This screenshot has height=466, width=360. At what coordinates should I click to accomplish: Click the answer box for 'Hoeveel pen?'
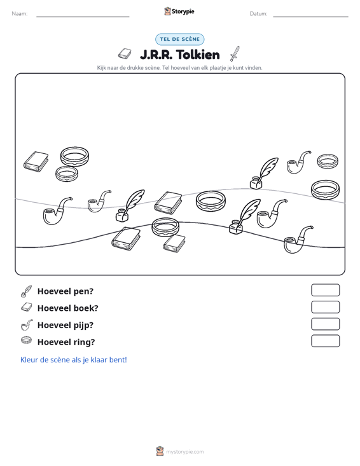(325, 290)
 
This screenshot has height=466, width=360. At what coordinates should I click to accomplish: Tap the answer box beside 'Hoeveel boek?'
(325, 307)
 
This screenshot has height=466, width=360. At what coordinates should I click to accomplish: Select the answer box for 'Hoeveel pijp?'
(325, 324)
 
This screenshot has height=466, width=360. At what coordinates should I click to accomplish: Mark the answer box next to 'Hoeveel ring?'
(325, 341)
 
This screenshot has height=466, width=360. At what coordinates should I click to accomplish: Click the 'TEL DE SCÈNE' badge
(180, 39)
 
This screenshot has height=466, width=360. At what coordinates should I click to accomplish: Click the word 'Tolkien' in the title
(198, 55)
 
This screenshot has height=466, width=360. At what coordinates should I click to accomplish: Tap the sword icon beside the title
(235, 54)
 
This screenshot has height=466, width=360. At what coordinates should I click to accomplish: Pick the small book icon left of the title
(125, 54)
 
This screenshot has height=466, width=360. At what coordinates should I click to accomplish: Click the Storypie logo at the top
(179, 11)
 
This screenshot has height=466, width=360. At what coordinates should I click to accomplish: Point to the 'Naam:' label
(20, 14)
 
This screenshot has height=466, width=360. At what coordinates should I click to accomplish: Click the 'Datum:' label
(258, 14)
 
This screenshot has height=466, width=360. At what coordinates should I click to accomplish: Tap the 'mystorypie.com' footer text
(185, 452)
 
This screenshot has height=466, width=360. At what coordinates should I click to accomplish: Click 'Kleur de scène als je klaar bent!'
(73, 360)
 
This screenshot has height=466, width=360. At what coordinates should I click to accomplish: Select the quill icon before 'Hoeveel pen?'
(26, 291)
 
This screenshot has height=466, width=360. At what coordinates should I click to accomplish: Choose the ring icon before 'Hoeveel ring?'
(27, 340)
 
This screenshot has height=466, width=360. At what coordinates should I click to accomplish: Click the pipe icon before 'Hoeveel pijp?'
(26, 325)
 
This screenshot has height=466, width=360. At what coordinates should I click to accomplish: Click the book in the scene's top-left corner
(36, 161)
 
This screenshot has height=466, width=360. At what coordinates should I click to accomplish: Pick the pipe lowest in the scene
(298, 240)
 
